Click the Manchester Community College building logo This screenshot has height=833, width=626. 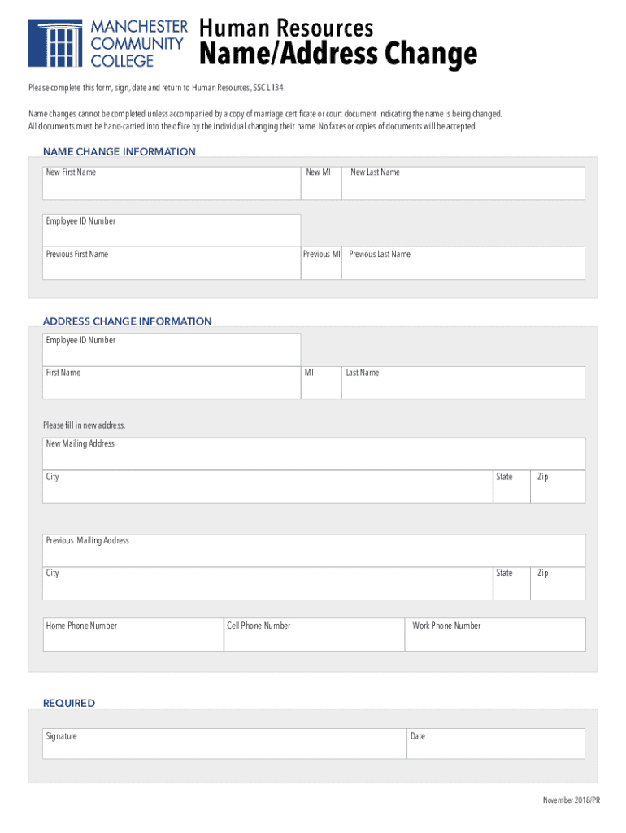(x=54, y=42)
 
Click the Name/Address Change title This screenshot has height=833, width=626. (x=338, y=55)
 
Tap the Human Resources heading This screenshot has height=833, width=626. (x=286, y=28)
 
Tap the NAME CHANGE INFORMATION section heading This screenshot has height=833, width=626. (x=119, y=152)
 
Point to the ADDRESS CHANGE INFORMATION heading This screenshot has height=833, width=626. (x=127, y=321)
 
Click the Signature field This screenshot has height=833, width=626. (x=224, y=744)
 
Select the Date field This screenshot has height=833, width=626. (x=495, y=744)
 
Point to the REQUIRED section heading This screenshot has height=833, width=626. (x=69, y=703)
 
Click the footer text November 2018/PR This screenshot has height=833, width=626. (x=571, y=801)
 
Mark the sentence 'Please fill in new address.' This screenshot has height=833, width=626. (x=85, y=425)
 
